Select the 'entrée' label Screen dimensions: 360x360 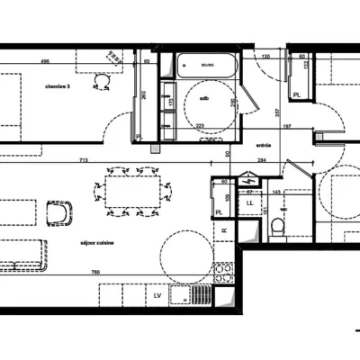point(264,144)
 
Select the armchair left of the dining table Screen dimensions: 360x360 point(59,213)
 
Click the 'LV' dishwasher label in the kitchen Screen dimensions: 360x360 point(157,294)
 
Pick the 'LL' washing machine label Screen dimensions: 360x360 point(250,202)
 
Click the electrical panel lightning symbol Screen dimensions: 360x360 point(253,182)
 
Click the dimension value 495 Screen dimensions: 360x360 point(44,62)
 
